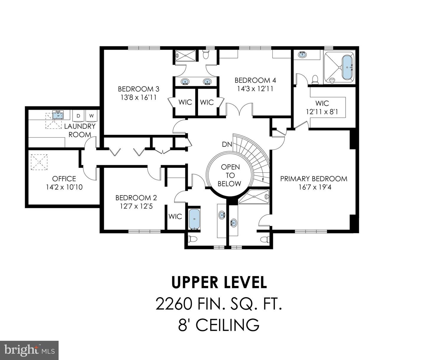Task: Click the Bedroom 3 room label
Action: pos(138,89)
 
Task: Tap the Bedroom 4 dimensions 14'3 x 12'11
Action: pos(255,89)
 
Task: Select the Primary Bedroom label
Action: pos(313,179)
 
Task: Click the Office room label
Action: pos(64,179)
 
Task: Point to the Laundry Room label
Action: pos(80,130)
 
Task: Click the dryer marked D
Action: pos(78,116)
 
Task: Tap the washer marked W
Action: pos(91,116)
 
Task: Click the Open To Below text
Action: pos(230,175)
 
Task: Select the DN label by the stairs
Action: pos(227,144)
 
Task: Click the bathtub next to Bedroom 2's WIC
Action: pos(194,219)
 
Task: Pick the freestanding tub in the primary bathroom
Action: pos(347,68)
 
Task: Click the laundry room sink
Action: pos(58,115)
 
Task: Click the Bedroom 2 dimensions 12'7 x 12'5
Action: pos(136,206)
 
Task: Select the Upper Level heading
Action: pos(219,282)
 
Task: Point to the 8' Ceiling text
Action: pos(219,325)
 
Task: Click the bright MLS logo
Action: pos(29,350)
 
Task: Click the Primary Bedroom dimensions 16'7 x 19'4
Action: pos(313,187)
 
